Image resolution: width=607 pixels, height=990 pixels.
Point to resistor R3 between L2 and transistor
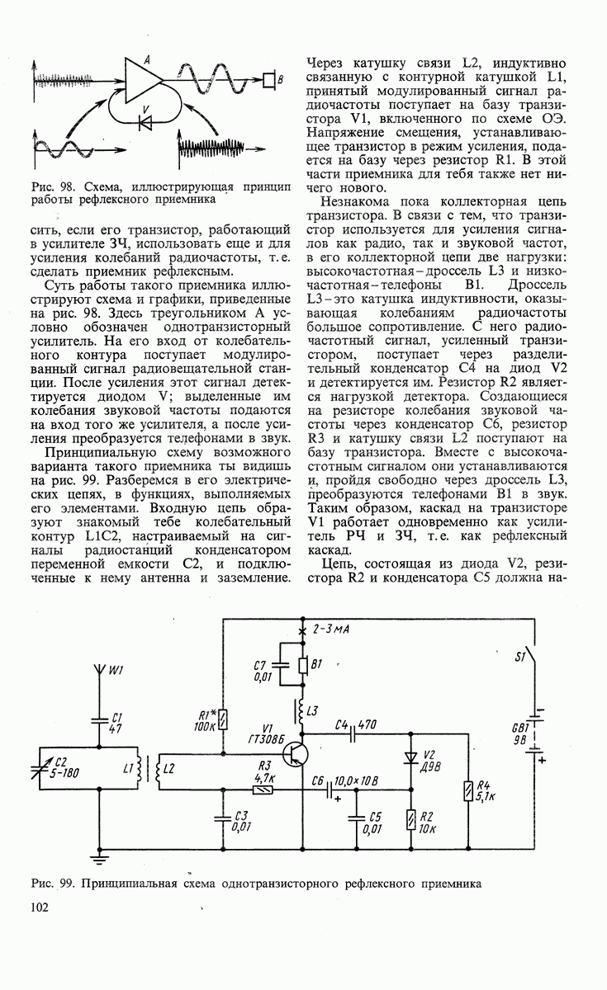pos(263,788)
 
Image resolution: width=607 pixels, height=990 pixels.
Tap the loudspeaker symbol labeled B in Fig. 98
pos(268,79)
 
